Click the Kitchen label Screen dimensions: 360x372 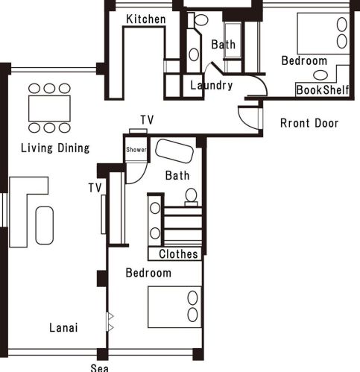point(146,19)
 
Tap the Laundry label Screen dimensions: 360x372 point(212,85)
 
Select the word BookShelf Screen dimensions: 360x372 point(323,90)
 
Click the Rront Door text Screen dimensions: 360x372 point(309,123)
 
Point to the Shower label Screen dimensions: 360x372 point(136,150)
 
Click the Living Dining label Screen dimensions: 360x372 point(55,148)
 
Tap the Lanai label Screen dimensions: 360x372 point(63,327)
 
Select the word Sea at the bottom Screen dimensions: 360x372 point(99,368)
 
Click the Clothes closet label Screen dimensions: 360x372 point(178,254)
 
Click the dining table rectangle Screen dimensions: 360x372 point(49,108)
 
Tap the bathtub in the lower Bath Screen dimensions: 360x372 point(174,151)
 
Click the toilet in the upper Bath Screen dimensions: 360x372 point(200,20)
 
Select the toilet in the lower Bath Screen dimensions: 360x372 point(191,196)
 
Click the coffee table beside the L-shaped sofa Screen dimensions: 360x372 point(45,225)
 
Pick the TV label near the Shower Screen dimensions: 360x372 point(148,120)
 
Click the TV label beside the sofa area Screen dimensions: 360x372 point(95,188)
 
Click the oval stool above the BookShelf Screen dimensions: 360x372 point(320,75)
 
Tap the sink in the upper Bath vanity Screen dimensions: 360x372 point(194,54)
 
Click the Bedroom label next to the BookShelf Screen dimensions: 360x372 point(304,61)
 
